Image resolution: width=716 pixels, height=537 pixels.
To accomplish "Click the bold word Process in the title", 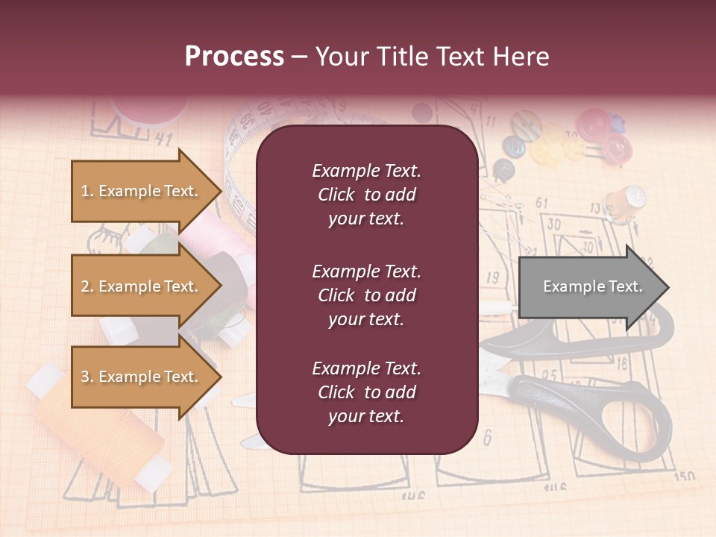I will tap(234, 56).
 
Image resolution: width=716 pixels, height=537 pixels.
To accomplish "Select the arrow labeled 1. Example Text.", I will tap(140, 191).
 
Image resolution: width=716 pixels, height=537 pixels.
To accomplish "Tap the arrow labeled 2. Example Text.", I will tap(140, 286).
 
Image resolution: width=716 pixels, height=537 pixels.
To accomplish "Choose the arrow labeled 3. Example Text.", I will tap(140, 377).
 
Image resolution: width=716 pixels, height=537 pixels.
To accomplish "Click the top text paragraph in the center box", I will tap(366, 195).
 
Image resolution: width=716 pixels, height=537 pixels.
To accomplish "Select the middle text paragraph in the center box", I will tap(366, 295).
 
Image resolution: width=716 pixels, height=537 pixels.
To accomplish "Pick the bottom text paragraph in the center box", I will tap(366, 392).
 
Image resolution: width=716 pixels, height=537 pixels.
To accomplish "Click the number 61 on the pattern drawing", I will tap(541, 203).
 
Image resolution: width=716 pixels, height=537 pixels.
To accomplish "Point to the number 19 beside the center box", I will tap(492, 278).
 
